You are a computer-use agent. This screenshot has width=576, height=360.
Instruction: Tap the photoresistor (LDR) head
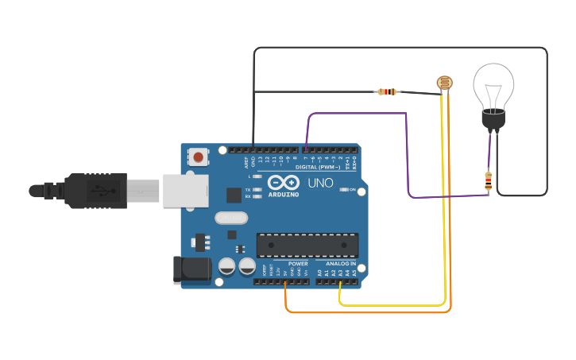(x=445, y=82)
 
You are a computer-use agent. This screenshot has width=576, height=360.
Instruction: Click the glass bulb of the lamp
(x=493, y=85)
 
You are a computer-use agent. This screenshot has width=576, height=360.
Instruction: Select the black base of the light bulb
(x=493, y=120)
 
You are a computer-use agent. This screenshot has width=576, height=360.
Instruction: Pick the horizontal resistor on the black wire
(x=387, y=92)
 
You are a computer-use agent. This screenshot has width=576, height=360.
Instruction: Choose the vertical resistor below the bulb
(x=488, y=182)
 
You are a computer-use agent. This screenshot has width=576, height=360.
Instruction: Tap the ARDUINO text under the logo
(x=283, y=194)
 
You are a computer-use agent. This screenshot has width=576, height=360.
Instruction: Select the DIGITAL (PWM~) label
(x=318, y=167)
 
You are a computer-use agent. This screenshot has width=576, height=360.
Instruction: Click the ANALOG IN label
(x=341, y=263)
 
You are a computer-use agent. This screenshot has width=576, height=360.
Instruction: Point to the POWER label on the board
(x=298, y=263)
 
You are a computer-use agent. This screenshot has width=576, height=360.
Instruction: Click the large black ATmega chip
(x=307, y=246)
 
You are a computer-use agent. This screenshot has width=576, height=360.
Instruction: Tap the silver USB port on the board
(x=185, y=191)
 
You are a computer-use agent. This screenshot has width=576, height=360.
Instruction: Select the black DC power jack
(x=191, y=269)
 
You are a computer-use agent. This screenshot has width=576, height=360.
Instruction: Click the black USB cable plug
(x=95, y=191)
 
